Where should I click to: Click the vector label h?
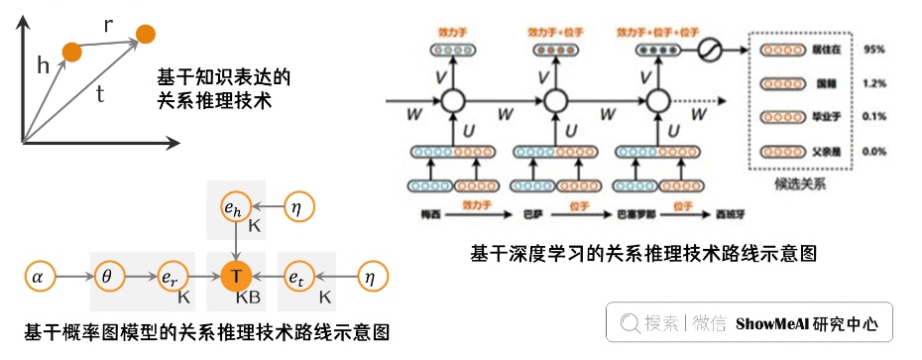(43, 65)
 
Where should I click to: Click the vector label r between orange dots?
(108, 21)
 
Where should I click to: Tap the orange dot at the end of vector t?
(146, 35)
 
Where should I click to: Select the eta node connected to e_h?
(300, 207)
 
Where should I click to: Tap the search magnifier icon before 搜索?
(629, 323)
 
